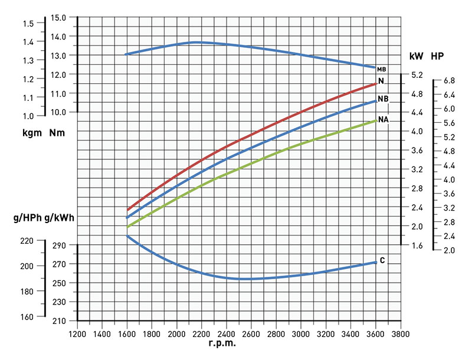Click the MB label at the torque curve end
click(x=381, y=70)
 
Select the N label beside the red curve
click(x=381, y=81)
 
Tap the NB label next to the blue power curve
click(x=383, y=99)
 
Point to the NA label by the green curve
click(x=383, y=119)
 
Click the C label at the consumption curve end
click(x=382, y=260)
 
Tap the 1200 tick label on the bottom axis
click(x=77, y=333)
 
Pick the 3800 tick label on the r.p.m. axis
click(x=401, y=333)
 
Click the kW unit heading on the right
click(x=416, y=56)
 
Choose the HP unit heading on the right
click(x=437, y=56)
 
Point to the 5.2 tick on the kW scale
click(x=417, y=74)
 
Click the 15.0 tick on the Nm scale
click(x=59, y=17)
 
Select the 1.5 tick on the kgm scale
click(x=28, y=23)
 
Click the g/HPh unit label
click(x=27, y=218)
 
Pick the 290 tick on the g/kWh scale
click(x=60, y=245)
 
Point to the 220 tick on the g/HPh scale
click(x=28, y=241)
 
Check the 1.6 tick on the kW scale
click(x=417, y=245)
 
